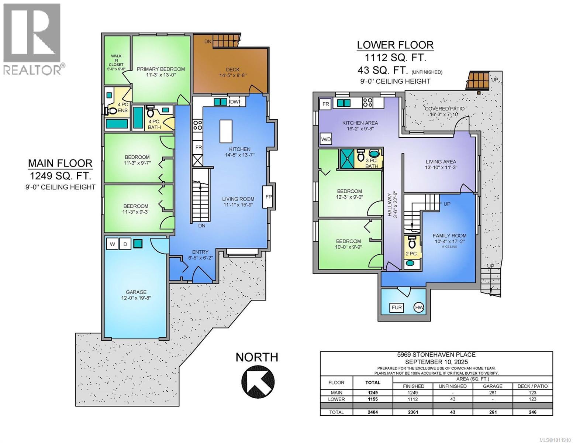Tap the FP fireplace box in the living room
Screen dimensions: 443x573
tap(268, 197)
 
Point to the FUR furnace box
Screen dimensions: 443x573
tap(397, 307)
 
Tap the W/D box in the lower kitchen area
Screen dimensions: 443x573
tap(326, 140)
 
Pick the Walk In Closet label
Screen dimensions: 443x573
tap(114, 62)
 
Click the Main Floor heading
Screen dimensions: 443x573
tap(60, 163)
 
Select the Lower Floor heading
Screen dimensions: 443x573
tap(395, 45)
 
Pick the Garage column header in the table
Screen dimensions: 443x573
tap(493, 386)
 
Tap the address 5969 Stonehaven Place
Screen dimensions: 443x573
tap(436, 355)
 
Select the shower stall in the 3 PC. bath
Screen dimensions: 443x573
tap(347, 156)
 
